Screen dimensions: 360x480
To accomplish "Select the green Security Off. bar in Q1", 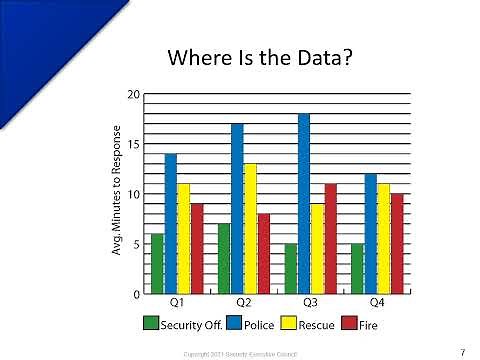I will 157,264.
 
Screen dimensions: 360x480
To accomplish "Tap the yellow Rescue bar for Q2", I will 250,229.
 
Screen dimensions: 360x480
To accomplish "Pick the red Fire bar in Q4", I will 397,244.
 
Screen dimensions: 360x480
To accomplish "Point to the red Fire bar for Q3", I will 330,239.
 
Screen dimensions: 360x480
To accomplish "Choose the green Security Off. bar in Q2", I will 224,259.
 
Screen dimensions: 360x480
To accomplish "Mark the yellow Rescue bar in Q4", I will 384,239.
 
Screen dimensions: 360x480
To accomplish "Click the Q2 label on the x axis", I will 243,302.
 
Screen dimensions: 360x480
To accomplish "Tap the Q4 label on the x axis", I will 377,302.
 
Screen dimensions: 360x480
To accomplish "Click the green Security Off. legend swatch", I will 151,323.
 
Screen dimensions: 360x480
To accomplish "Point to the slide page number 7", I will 463,351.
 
